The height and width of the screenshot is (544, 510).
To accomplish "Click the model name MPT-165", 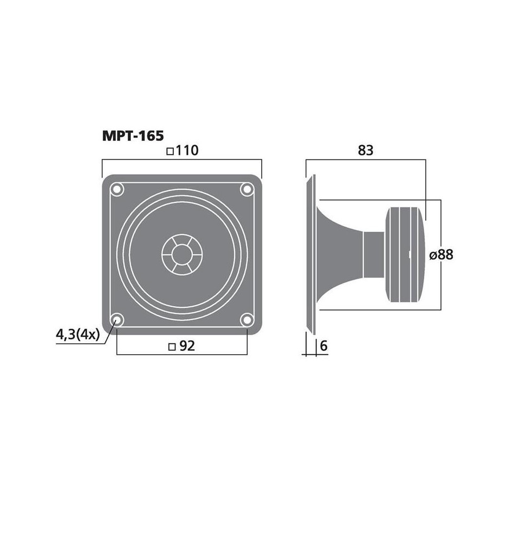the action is [133, 135].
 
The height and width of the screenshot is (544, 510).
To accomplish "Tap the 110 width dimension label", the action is [187, 151].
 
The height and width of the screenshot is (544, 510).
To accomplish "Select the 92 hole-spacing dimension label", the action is [187, 346].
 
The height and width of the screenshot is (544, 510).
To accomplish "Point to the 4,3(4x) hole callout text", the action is [78, 335].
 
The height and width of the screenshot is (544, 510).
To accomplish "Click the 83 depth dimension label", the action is [366, 151].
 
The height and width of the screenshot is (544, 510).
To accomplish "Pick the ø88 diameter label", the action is [441, 255].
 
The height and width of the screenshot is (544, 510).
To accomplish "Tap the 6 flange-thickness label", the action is [324, 346].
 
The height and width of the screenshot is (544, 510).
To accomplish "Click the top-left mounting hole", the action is [117, 189].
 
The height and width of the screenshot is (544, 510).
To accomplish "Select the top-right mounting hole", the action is [247, 189].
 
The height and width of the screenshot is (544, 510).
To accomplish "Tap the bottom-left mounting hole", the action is [117, 319].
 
